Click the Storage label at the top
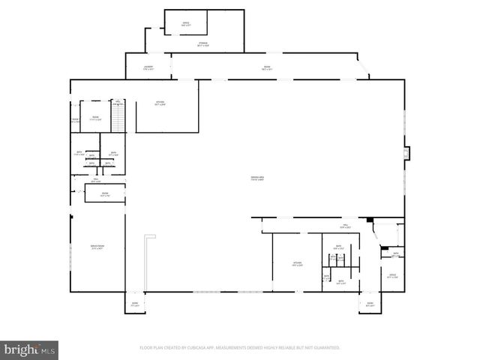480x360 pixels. pos(203,44)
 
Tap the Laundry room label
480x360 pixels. pos(148,68)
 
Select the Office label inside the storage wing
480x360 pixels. pos(185,24)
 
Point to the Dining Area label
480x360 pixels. pos(257,178)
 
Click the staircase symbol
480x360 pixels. pos(117,116)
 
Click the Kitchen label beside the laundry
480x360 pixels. pos(160,103)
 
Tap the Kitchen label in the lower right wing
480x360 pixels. pos(297,263)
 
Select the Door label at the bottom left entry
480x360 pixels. pos(135,304)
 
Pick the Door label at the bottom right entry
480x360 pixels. pos(370,304)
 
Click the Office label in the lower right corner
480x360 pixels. pos(392,276)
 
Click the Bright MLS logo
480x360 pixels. pos(30,349)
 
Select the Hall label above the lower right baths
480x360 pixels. pos(346,226)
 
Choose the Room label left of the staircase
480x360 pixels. pos(95,118)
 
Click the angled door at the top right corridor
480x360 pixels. pos(365,69)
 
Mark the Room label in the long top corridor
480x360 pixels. pos(266,68)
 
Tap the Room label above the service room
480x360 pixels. pos(104,195)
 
